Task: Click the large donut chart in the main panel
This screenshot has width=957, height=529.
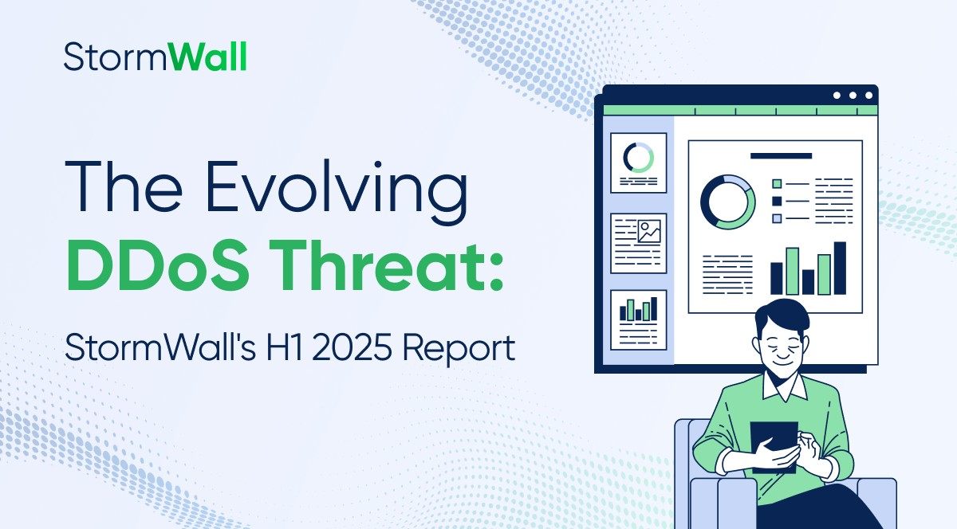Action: click(727, 202)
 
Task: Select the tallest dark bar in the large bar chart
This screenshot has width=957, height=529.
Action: click(839, 268)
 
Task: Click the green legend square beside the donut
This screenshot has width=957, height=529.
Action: click(777, 184)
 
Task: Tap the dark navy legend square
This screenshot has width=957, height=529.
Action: click(777, 201)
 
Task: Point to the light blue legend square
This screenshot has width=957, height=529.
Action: click(777, 218)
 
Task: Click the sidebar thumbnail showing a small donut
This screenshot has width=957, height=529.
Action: click(638, 163)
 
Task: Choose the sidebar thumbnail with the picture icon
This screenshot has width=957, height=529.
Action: click(638, 242)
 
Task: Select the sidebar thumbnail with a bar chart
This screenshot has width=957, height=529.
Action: click(638, 319)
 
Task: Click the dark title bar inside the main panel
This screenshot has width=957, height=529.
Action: click(780, 156)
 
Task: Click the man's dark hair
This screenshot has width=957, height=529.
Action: click(782, 314)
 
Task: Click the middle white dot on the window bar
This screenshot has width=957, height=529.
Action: click(853, 96)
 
